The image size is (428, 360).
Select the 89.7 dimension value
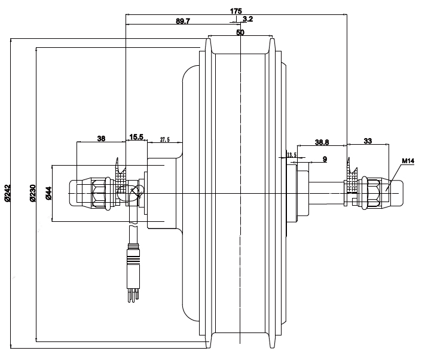coord(183,21)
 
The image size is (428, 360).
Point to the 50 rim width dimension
coord(240,33)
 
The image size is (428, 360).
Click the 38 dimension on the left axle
coord(101,138)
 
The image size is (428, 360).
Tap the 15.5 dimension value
coord(136,138)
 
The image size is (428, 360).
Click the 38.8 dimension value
coord(322,142)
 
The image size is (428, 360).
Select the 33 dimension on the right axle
coord(368,142)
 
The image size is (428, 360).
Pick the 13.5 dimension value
coord(292,155)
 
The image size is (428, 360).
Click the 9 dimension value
coord(324,159)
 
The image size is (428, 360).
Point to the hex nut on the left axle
coord(97,192)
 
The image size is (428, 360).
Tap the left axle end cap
coord(77,192)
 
